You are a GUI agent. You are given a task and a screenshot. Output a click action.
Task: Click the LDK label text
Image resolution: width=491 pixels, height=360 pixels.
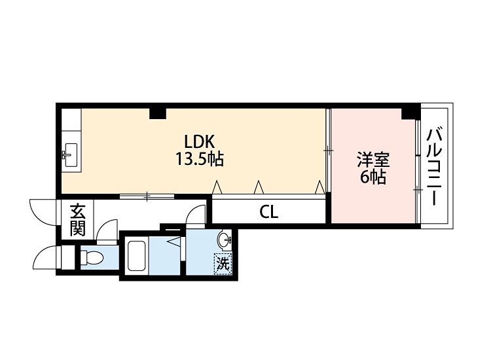pyautogui.click(x=200, y=142)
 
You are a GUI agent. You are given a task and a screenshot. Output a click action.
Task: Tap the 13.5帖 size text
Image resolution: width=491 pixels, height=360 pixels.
pyautogui.click(x=200, y=158)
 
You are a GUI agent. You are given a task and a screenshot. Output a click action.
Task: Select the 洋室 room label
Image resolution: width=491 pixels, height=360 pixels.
pyautogui.click(x=373, y=160)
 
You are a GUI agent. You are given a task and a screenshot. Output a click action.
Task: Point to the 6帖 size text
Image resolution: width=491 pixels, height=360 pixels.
pyautogui.click(x=373, y=177)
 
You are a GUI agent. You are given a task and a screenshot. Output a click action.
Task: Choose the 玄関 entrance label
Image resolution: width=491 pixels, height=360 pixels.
pyautogui.click(x=77, y=219)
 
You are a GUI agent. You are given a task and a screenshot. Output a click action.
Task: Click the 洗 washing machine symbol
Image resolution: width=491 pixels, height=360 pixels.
pyautogui.click(x=223, y=264)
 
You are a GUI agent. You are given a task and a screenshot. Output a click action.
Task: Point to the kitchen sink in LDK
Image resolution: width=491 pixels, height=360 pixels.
pyautogui.click(x=71, y=155)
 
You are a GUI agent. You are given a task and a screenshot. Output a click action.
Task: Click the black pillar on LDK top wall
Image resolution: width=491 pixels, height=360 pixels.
pyautogui.click(x=158, y=113)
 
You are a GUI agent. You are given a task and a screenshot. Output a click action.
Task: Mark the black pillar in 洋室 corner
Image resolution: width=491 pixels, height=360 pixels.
pyautogui.click(x=410, y=113)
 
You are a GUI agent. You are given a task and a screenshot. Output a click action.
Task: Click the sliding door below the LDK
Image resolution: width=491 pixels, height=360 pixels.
pyautogui.click(x=147, y=196)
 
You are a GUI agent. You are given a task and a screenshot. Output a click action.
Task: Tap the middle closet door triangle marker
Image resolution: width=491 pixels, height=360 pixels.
pyautogui.click(x=259, y=187)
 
